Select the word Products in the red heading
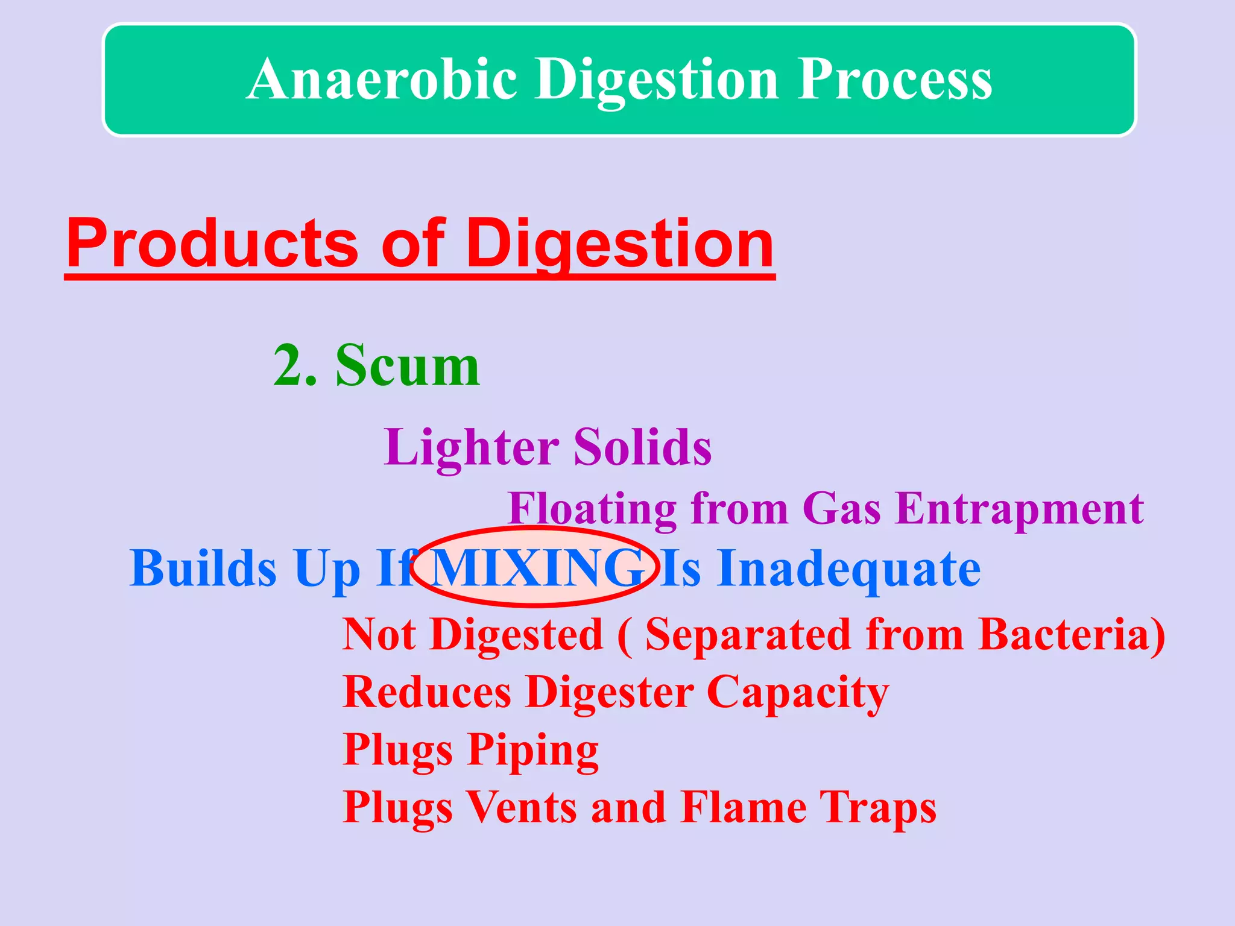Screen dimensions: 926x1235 click(x=212, y=244)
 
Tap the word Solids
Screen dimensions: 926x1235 click(x=642, y=447)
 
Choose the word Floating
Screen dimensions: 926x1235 click(x=592, y=509)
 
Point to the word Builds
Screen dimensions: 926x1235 click(x=203, y=569)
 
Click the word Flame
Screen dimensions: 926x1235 click(x=744, y=808)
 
